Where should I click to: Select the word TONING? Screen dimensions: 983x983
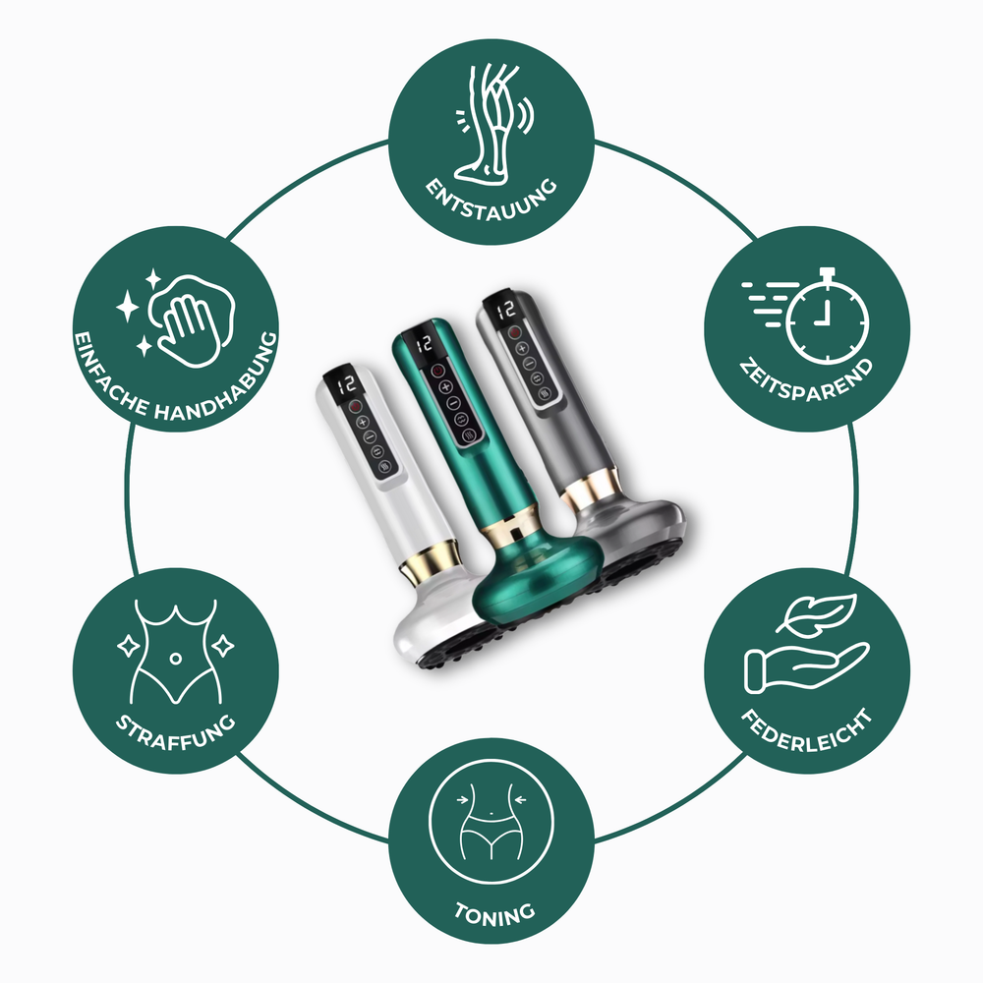pos(493,910)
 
